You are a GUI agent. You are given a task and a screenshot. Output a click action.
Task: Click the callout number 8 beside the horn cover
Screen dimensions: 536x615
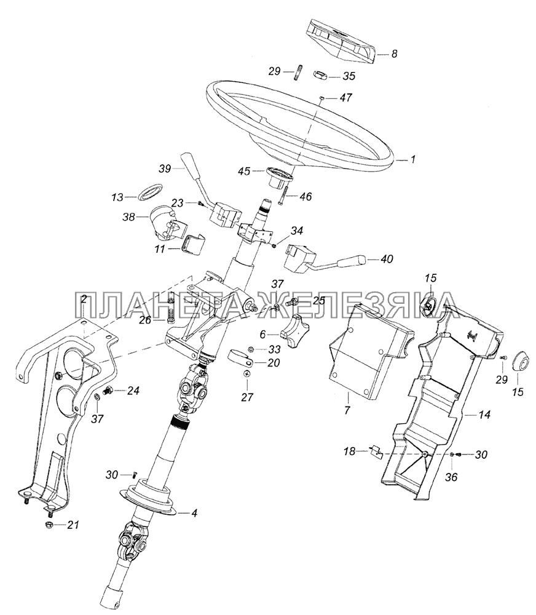coord(394,54)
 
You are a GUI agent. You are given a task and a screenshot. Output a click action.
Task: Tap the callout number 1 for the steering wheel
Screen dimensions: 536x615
coord(412,160)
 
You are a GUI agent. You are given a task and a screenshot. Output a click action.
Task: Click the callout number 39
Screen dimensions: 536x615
coord(165,169)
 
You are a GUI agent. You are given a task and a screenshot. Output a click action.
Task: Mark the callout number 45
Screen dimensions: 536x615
coord(244,172)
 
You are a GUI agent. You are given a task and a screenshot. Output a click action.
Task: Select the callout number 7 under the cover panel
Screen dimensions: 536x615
coord(347,410)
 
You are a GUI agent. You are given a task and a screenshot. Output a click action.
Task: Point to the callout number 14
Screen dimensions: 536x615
coord(484,414)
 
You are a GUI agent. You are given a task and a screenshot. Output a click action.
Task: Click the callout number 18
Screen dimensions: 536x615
coord(349,451)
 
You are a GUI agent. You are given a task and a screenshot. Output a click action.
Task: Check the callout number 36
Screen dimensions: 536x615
coord(451,477)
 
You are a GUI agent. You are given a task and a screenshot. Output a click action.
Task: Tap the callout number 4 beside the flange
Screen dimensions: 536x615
coord(194,513)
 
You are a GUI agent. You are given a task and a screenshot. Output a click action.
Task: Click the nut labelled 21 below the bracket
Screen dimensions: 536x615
coord(50,525)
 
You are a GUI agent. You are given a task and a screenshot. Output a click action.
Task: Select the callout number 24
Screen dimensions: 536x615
coord(134,391)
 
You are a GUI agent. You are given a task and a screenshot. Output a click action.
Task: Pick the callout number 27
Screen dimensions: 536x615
coord(247,397)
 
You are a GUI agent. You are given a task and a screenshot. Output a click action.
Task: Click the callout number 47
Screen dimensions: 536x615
coord(346,97)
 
